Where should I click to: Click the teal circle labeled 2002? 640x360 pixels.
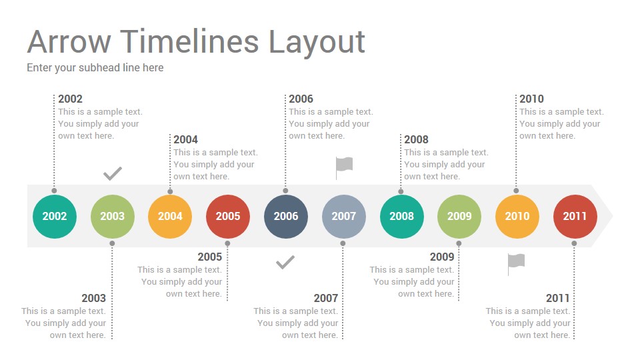54,216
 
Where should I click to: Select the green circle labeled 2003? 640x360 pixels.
112,216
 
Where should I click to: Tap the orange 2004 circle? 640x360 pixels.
170,216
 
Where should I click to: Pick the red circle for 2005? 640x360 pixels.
228,216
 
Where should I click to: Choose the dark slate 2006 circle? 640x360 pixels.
286,216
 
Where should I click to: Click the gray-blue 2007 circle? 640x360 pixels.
344,216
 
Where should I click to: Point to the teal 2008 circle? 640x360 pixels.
401,216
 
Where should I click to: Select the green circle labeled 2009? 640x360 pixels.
459,216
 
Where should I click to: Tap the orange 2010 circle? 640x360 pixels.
517,216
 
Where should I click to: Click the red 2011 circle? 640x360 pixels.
575,216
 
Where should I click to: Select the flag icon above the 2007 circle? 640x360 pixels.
344,168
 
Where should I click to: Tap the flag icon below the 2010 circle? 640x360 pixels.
516,264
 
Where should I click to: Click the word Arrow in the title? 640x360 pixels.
69,41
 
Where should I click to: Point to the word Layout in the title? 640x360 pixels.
317,43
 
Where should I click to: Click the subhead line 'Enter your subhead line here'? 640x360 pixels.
95,68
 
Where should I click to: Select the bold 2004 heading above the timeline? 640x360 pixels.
186,139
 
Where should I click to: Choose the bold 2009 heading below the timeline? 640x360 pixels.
442,257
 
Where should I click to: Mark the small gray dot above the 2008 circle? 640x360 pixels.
401,191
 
